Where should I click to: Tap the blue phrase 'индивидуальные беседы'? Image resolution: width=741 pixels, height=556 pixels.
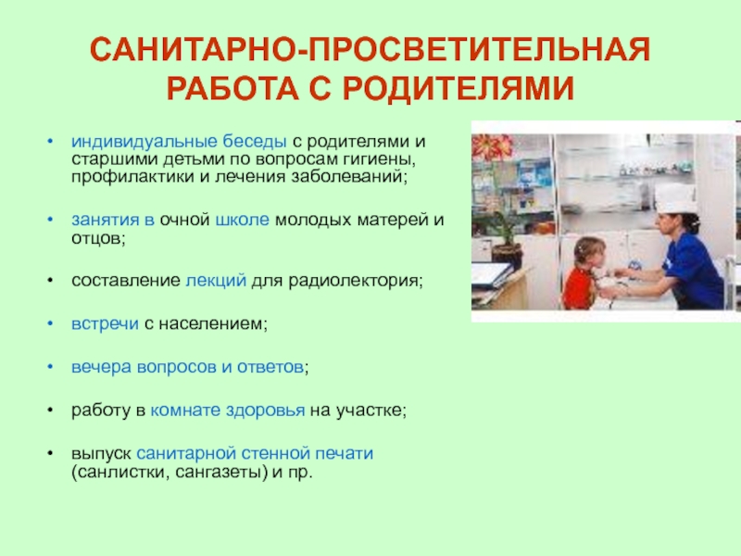tap(179, 142)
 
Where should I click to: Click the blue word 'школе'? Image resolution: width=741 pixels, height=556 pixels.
tap(242, 220)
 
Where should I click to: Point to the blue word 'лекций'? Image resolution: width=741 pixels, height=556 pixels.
tap(216, 281)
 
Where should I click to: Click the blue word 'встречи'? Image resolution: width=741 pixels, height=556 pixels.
tap(105, 323)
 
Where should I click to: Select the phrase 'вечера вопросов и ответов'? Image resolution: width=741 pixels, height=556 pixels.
tap(188, 367)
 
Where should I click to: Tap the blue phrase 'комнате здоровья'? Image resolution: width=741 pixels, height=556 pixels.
tap(228, 411)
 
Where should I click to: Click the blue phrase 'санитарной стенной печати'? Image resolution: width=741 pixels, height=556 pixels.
tap(255, 453)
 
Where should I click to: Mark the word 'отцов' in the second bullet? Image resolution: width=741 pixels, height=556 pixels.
tap(96, 238)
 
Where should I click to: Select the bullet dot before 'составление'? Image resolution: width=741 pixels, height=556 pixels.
tap(50, 281)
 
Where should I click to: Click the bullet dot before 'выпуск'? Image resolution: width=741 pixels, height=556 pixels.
tap(50, 453)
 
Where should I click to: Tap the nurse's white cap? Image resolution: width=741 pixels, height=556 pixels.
tap(675, 198)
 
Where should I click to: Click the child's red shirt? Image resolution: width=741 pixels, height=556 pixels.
tap(577, 288)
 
